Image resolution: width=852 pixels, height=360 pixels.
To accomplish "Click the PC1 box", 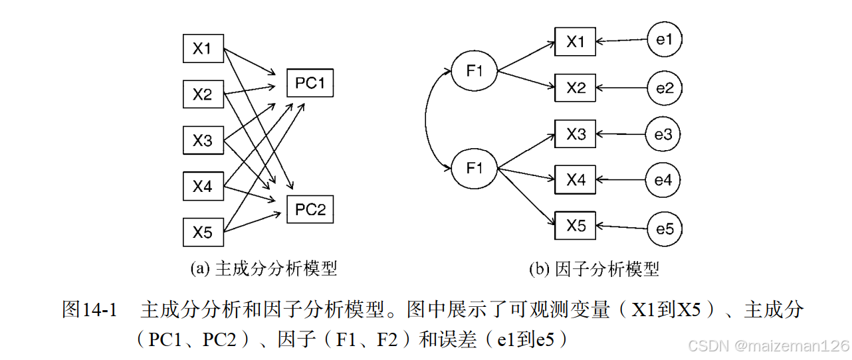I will (310, 83).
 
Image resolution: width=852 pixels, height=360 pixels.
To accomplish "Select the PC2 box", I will (310, 210).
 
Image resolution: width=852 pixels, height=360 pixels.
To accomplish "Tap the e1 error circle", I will (664, 40).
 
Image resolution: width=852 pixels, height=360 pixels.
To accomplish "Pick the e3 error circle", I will (663, 135).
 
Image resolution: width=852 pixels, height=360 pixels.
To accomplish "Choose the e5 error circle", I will (664, 229).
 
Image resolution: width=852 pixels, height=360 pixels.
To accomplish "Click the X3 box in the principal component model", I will (203, 141).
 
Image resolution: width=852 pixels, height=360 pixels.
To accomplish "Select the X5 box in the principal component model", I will (203, 232).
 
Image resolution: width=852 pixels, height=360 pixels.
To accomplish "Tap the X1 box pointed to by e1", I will (576, 42).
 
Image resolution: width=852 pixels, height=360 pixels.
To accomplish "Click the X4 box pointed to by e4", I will (576, 179).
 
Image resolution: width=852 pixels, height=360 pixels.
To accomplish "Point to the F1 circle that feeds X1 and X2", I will (475, 70).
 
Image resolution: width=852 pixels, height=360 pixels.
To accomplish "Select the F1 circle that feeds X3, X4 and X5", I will (475, 168).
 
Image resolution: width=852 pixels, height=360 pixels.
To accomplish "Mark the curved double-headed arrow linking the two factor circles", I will (427, 120).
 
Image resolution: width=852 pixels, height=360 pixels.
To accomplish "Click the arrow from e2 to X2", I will (621, 88).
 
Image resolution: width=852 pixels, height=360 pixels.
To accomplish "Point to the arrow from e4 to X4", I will (621, 179).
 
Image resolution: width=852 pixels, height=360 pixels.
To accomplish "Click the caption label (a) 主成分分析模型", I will (264, 268).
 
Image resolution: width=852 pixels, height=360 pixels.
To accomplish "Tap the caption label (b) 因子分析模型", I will (593, 269).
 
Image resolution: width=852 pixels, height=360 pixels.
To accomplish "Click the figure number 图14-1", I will (89, 310).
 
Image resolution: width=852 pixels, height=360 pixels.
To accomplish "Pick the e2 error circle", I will (664, 88).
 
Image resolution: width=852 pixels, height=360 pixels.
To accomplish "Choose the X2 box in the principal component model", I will (203, 94).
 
